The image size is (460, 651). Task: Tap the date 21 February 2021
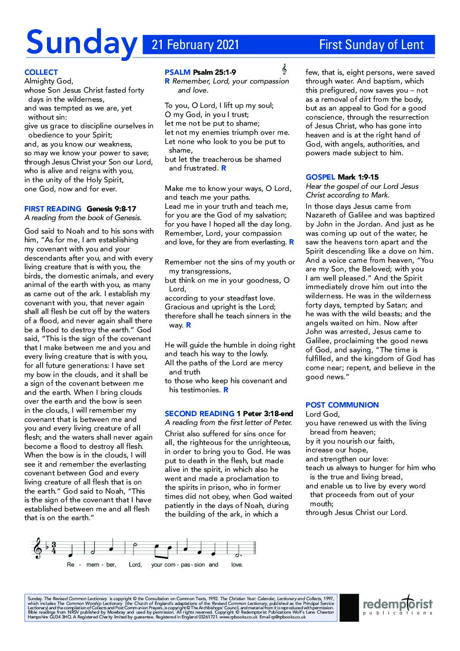point(195,45)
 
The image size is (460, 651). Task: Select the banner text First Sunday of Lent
point(371,45)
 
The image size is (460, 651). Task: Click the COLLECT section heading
point(41,72)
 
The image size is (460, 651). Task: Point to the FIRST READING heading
point(53,209)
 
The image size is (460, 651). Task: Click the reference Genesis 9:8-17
point(111,209)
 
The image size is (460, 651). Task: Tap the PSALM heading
point(177,72)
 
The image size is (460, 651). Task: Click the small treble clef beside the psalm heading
point(284,70)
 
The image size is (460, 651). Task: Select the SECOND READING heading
point(199,414)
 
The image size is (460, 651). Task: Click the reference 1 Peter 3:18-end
point(265,414)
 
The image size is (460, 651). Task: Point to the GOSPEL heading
point(320,177)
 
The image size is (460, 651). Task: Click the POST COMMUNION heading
point(342,405)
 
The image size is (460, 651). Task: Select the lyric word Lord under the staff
point(135,564)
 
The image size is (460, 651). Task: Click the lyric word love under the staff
point(237,564)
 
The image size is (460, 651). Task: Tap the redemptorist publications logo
point(397,606)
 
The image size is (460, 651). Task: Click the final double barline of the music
point(255,548)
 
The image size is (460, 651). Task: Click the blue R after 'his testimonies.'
point(226,390)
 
